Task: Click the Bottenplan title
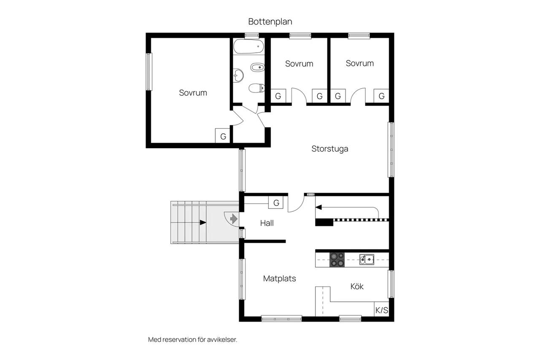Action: tap(270, 22)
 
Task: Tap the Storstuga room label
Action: tap(330, 149)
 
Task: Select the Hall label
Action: tap(267, 223)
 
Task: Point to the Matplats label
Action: tap(279, 279)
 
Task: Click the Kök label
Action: tap(357, 286)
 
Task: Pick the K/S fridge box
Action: tap(382, 309)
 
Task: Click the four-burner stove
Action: tap(337, 260)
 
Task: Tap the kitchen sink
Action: tap(367, 260)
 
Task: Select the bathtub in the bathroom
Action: tap(248, 46)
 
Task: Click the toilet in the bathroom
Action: tap(256, 88)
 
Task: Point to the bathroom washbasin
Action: tap(238, 76)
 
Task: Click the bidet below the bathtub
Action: tap(257, 67)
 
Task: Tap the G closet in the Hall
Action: tap(276, 203)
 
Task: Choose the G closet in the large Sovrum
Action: tap(223, 136)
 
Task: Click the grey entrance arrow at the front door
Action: tap(234, 219)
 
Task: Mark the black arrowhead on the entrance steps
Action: tap(203, 222)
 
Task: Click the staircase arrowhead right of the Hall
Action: tap(319, 207)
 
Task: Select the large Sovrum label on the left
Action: tap(193, 93)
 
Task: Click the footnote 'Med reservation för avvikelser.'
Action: tap(193, 339)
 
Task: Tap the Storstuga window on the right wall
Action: tap(391, 150)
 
